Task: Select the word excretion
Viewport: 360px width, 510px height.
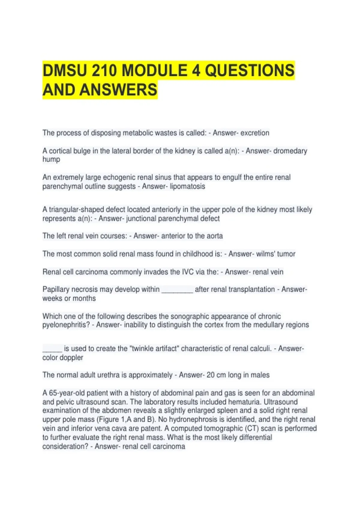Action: click(255, 133)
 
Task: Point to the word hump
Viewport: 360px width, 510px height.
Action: click(51, 159)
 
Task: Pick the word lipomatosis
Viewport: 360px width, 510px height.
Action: click(187, 186)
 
